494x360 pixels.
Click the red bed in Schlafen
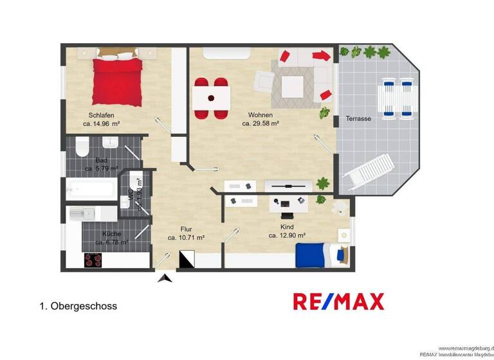coord(117,82)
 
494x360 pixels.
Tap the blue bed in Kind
coord(315,256)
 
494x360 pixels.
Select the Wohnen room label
coord(260,114)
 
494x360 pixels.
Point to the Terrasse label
coord(358,118)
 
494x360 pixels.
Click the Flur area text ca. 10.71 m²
coord(186,237)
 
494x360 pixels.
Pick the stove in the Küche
coord(94,260)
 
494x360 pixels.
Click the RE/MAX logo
coord(338,301)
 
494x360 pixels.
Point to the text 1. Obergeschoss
coord(78,307)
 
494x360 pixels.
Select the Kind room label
coord(287,227)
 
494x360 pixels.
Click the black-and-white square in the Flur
coord(186,259)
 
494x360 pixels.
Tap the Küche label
coord(112,233)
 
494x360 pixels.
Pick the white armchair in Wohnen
coord(262,82)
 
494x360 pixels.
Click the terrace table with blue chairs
coord(397,98)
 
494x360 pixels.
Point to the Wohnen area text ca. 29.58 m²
coord(260,123)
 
